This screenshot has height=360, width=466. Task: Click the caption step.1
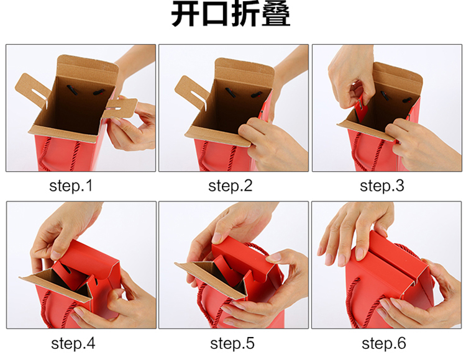coord(71,186)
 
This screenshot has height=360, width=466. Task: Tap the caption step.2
coord(230,186)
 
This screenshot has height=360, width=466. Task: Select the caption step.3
coord(382,186)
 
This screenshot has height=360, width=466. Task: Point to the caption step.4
coord(73,343)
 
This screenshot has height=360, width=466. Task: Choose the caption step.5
coord(232,343)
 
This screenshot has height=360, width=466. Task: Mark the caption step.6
coord(384,343)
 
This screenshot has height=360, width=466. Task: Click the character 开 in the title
coord(186,14)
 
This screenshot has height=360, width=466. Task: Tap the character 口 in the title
coord(215,14)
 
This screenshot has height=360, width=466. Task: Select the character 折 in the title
coord(245,14)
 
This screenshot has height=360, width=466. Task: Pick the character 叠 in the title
coord(275,14)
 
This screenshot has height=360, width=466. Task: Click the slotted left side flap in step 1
coord(32,88)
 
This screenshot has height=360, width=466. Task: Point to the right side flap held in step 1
coord(121,107)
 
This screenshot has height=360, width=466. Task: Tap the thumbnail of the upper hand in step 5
coord(217,238)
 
